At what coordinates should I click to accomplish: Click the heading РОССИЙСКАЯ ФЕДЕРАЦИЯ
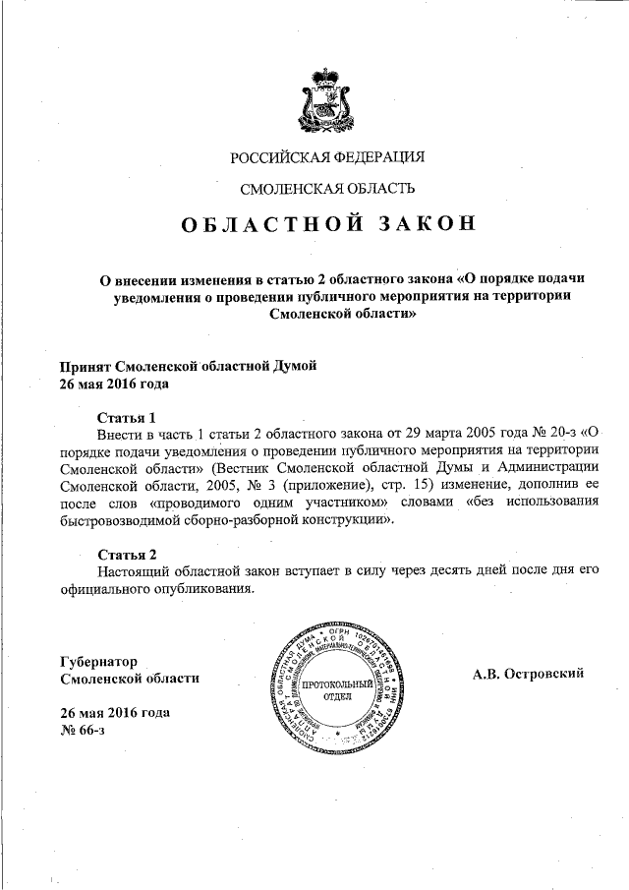click(x=327, y=157)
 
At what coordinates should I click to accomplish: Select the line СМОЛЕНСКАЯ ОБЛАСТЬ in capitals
click(x=327, y=188)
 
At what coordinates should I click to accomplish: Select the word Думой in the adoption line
click(x=294, y=366)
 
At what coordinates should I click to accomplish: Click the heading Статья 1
click(x=127, y=416)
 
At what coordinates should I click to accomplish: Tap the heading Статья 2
click(x=127, y=554)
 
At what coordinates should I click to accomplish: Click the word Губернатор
click(x=98, y=661)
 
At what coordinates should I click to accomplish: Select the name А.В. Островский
click(x=529, y=673)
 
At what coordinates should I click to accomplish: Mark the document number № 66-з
click(x=84, y=730)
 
